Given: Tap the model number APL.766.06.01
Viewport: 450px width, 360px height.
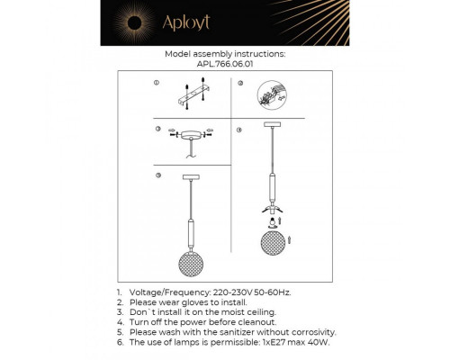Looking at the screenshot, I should (225, 63).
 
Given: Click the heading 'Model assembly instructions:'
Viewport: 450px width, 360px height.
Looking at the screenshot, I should (225, 53).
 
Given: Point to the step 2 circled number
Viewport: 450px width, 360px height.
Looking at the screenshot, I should (239, 82).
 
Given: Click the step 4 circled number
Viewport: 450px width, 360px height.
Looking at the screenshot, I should (239, 130).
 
